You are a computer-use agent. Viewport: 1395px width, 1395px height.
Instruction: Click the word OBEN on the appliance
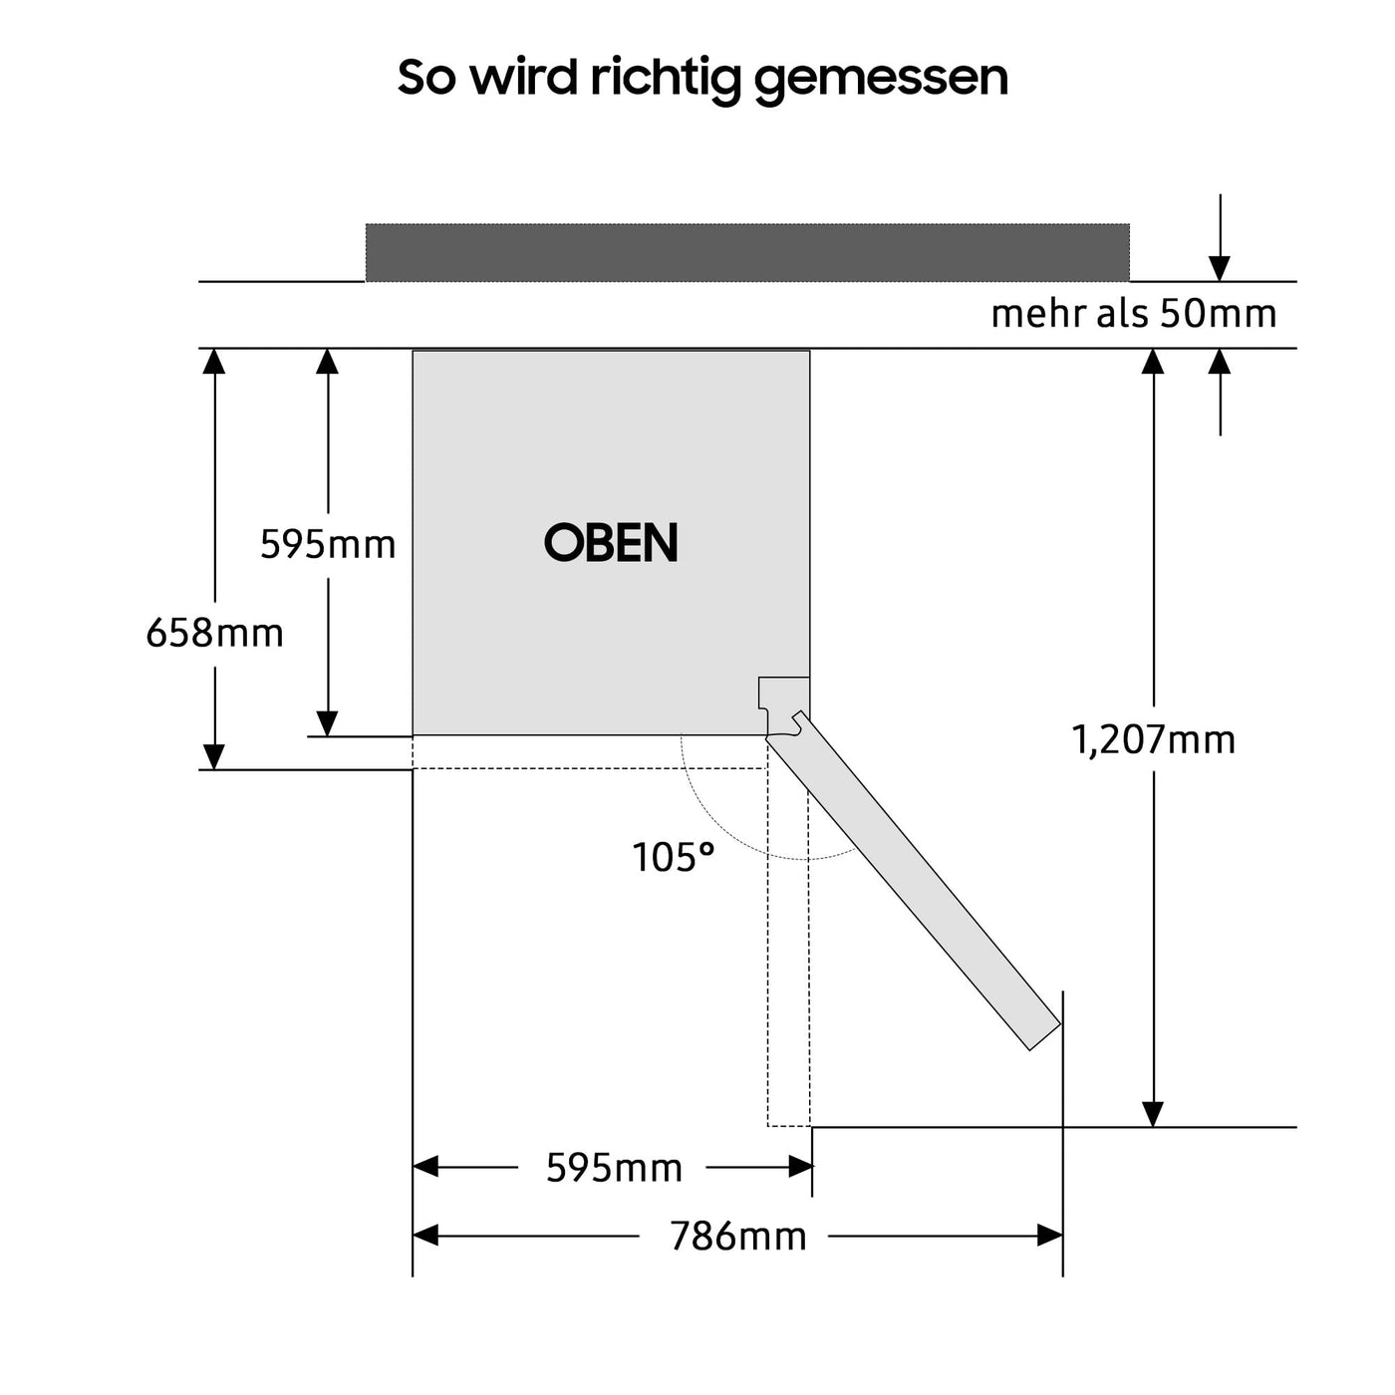[611, 543]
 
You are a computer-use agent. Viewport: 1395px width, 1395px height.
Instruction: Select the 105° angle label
[674, 857]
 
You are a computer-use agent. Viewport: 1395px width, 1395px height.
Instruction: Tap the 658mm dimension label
[214, 633]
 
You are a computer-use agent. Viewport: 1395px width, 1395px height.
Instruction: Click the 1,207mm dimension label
[1153, 739]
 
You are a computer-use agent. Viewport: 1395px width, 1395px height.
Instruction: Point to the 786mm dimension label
[737, 1237]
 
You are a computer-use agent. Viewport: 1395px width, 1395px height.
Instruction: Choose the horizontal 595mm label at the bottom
[614, 1167]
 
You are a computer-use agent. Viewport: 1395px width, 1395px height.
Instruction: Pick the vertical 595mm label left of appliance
[328, 544]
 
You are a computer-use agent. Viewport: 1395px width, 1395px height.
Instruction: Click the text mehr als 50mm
[1133, 314]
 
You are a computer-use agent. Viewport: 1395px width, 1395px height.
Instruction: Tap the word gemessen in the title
[881, 78]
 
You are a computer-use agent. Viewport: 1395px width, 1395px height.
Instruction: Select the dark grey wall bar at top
[747, 252]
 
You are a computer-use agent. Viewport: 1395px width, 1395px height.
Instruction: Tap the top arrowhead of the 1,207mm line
[1153, 361]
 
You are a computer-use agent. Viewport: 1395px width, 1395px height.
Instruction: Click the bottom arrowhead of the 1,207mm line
[1153, 1114]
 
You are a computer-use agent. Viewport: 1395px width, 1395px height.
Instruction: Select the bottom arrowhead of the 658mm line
[214, 757]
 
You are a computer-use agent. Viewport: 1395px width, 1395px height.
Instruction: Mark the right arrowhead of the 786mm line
[1050, 1237]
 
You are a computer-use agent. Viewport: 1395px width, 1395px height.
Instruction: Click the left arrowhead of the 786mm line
[425, 1237]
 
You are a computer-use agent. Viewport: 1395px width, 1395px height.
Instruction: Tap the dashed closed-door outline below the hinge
[788, 947]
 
